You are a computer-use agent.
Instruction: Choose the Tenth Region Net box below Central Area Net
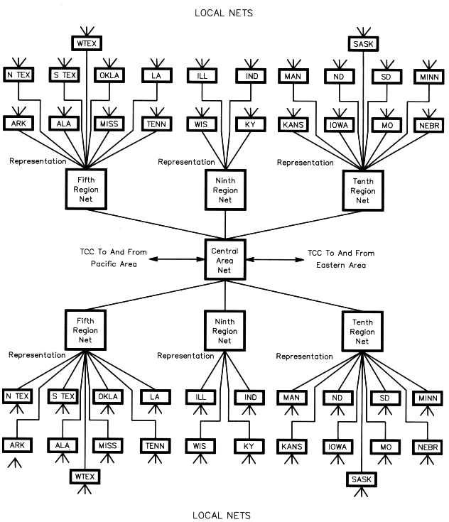(x=362, y=332)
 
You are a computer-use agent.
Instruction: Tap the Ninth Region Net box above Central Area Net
(x=224, y=190)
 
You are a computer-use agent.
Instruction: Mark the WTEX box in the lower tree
(x=86, y=475)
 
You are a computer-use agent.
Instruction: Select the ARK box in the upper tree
(x=18, y=124)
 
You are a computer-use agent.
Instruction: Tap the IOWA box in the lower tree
(x=340, y=447)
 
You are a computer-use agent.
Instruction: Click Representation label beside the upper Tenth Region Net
(x=305, y=163)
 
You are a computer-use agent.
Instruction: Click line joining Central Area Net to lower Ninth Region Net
(x=225, y=295)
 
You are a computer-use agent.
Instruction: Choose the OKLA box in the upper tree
(x=109, y=75)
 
